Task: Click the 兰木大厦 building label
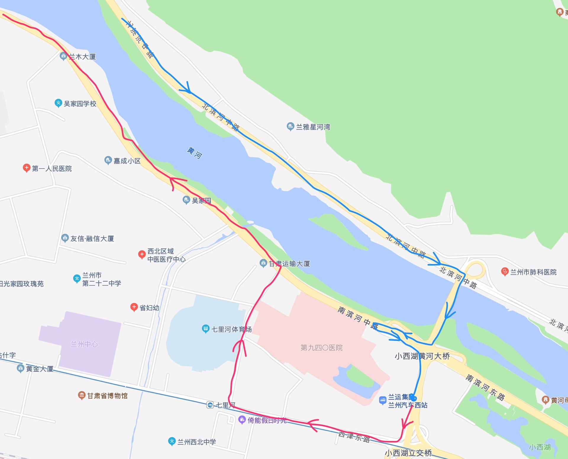coord(82,57)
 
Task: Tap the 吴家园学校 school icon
coord(58,103)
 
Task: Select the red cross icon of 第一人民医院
coord(27,168)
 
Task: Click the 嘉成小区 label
coord(127,161)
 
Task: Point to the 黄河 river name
coord(194,153)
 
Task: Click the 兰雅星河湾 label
coord(313,127)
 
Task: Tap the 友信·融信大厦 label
coord(92,239)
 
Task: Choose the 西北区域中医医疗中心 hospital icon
coord(142,254)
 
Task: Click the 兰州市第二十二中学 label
coord(101,279)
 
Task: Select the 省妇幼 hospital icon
coord(134,307)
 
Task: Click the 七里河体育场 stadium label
coord(231,329)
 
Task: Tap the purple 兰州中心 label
coord(84,344)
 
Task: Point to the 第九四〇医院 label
coord(322,348)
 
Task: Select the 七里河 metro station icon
coord(210,405)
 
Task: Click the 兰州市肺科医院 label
coord(533,272)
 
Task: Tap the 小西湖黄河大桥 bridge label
coord(422,356)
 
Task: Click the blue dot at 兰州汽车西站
coord(413,398)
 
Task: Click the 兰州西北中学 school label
coord(196,442)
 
